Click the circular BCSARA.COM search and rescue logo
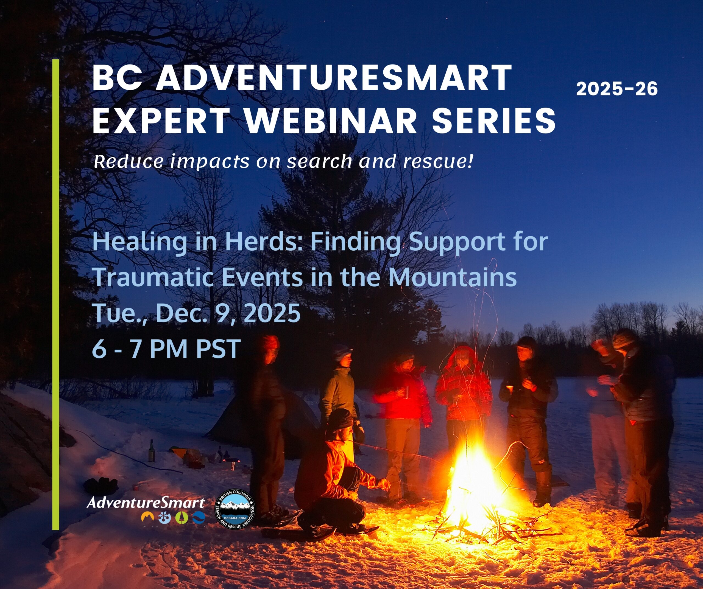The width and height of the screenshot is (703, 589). [235, 510]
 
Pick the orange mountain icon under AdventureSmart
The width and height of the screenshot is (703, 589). [147, 517]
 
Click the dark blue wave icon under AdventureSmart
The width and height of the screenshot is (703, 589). [199, 518]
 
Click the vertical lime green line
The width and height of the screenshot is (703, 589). [55, 294]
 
